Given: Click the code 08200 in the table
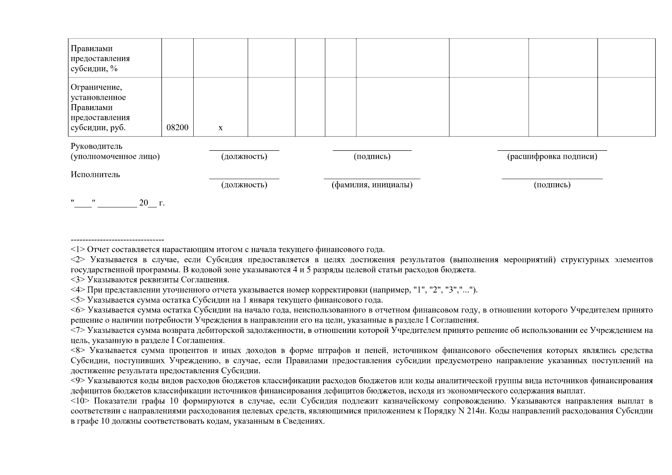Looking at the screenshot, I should [177, 128].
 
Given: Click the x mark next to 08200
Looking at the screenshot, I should [221, 128].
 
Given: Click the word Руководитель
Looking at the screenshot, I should [97, 146].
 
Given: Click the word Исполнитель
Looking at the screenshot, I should [95, 175].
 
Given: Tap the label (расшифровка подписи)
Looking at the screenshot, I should [552, 156].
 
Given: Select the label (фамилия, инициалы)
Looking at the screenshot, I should [372, 185].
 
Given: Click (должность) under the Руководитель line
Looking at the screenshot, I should [244, 156].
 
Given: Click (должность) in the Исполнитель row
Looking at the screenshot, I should [244, 185].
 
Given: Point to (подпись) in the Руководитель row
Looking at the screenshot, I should [372, 156].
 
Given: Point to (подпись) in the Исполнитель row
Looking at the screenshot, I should [552, 185].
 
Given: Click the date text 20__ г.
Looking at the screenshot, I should [152, 203].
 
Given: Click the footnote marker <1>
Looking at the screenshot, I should [78, 250].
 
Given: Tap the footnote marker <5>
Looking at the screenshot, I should [78, 300].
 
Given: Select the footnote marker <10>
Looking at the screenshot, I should [80, 401].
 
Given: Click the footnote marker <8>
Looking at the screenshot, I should [78, 350].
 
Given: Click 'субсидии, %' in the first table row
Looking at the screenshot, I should [94, 69].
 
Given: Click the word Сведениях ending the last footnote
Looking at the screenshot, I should [303, 421].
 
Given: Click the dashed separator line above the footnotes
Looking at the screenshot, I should [117, 240].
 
